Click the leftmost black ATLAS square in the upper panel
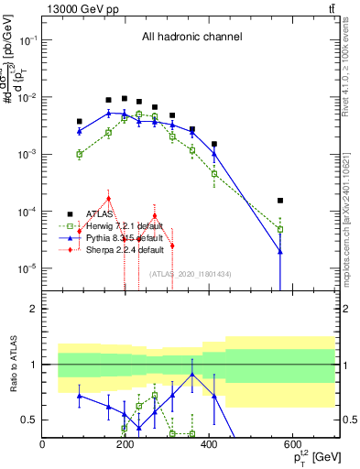click(x=80, y=121)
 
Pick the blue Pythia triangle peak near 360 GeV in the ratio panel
click(x=192, y=375)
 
